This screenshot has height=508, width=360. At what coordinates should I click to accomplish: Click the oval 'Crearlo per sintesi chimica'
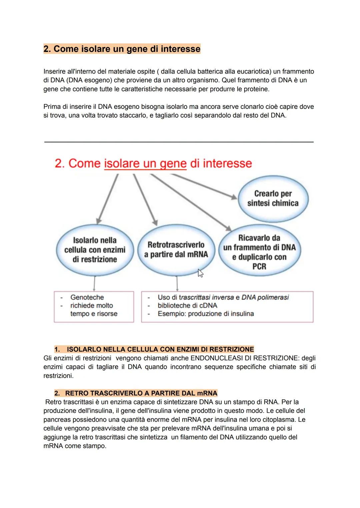273,199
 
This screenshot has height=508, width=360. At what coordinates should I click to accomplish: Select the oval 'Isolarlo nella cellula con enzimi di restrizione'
95,250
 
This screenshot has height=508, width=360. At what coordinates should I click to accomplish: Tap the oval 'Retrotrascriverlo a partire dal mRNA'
176,250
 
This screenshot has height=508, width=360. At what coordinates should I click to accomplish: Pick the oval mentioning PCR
259,250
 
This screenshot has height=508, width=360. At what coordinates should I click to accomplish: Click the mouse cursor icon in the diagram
200,273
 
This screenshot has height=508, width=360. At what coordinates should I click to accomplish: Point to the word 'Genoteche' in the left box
87,297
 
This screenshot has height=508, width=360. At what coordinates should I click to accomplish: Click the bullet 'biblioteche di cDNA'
187,305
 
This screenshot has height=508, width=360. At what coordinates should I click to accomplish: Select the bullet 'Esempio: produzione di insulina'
206,314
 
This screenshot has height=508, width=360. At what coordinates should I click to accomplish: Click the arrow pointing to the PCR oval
191,202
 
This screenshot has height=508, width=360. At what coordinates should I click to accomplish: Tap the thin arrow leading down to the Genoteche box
94,283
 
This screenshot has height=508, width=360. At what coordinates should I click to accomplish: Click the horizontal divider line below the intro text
179,142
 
